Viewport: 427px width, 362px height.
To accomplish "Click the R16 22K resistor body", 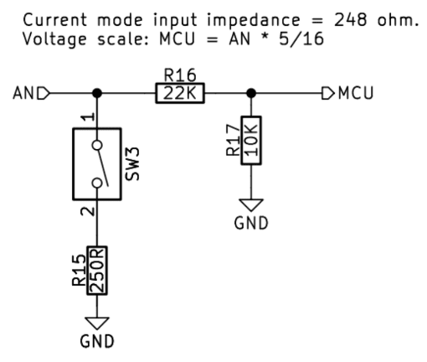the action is [180, 93].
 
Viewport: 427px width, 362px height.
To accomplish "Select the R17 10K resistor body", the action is [251, 140].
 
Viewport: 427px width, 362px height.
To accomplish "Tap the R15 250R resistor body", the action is [97, 270].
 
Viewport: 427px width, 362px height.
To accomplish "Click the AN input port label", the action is [31, 93].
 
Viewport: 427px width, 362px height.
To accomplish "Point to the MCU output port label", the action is [347, 93].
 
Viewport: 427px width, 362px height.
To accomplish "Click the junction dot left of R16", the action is [97, 93].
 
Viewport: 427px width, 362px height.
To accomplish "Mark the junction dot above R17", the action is [251, 93].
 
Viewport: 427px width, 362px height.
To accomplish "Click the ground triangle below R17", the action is [251, 204].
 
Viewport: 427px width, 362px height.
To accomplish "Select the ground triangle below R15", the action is [97, 323].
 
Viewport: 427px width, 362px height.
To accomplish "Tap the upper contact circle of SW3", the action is [97, 146].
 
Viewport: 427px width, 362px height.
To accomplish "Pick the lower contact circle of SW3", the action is [97, 183].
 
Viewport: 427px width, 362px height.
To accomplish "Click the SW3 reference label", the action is [132, 164].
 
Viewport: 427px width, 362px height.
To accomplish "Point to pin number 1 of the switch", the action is [90, 116].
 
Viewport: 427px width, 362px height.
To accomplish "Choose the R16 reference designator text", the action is [180, 75].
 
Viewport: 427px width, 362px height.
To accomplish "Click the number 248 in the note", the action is [351, 20].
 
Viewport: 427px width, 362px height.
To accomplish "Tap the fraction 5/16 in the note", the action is [301, 39].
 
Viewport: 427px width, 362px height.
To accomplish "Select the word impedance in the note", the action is [254, 20].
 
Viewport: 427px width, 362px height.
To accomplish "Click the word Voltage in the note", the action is [54, 39].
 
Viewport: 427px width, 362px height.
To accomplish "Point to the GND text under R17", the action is [251, 223].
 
